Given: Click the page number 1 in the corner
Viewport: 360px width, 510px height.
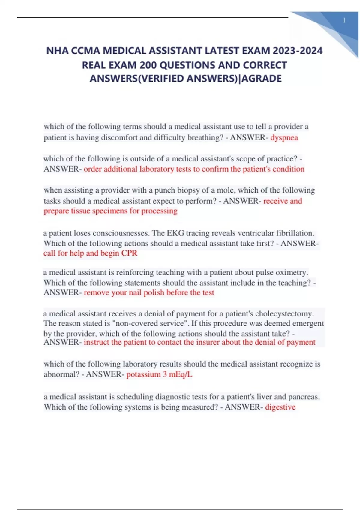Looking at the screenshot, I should tap(344, 20).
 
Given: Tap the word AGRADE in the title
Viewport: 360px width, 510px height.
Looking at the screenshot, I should tap(262, 79).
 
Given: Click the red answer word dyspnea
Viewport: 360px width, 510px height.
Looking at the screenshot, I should tap(284, 137).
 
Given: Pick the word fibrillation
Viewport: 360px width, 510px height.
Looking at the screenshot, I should tap(295, 233).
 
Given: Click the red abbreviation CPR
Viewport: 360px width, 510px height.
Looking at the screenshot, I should tap(129, 253).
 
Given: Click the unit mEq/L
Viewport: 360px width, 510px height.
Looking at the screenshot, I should tap(181, 374).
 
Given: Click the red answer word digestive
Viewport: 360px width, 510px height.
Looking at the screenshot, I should tap(280, 407).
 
